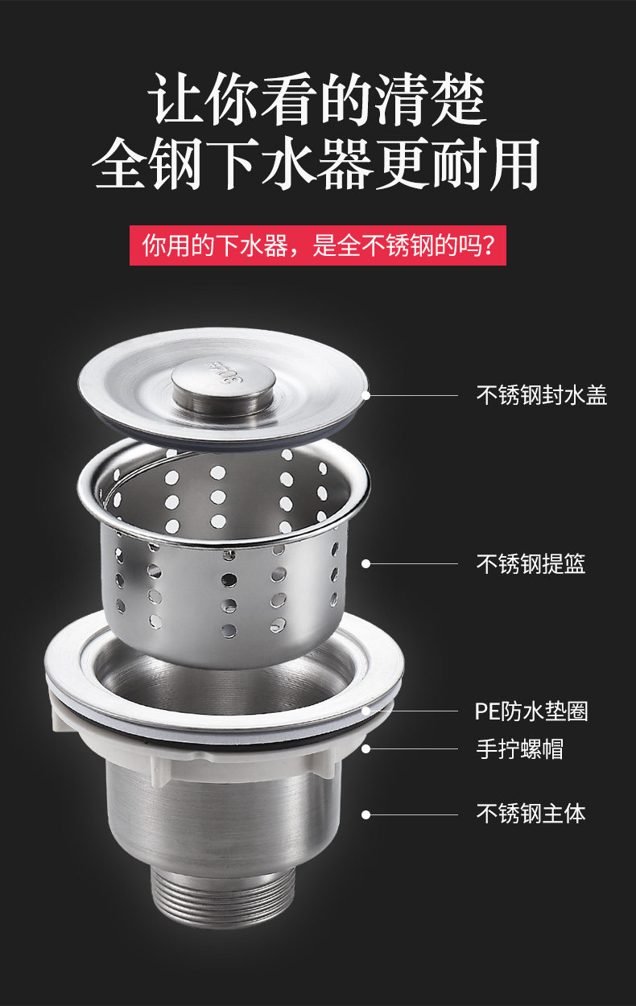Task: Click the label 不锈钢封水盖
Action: [541, 395]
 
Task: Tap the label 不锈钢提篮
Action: [531, 563]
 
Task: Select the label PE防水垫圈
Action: [531, 711]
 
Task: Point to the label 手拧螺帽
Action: [520, 748]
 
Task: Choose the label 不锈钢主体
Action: [531, 814]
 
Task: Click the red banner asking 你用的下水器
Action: [318, 245]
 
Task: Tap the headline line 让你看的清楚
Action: [318, 99]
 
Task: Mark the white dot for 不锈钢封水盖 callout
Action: [366, 396]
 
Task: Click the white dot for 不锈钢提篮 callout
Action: [366, 563]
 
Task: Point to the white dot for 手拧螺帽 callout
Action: [366, 748]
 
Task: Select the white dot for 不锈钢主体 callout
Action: [366, 814]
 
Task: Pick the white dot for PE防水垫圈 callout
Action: [366, 711]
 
